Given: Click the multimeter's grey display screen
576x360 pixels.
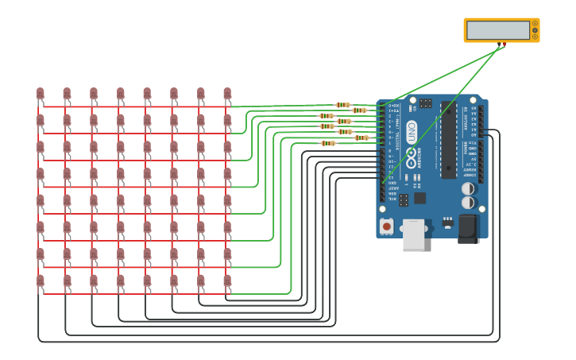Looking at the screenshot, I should click(x=497, y=30).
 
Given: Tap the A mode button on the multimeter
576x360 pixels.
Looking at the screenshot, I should click(x=535, y=24).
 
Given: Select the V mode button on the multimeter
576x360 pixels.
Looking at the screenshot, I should click(x=535, y=30).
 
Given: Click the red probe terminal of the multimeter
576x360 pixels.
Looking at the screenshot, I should click(x=504, y=44).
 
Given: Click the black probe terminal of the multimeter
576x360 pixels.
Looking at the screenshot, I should click(x=499, y=44).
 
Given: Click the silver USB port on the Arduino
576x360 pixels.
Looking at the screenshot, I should click(x=413, y=235).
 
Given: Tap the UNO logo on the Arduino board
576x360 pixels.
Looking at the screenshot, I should click(x=411, y=131).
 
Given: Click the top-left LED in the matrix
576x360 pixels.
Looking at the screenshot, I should click(x=40, y=95).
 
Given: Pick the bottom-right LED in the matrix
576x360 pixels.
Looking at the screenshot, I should click(x=227, y=281).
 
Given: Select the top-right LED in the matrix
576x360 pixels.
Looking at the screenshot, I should click(x=227, y=95).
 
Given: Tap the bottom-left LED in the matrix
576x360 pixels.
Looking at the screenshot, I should click(x=40, y=281).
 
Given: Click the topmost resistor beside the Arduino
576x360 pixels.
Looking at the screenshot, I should click(x=342, y=105).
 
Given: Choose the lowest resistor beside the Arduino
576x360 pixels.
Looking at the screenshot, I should click(x=327, y=143).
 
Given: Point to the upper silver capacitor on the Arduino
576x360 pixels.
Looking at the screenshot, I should click(x=468, y=188).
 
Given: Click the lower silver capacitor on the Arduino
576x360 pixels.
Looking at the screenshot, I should click(x=468, y=202).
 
